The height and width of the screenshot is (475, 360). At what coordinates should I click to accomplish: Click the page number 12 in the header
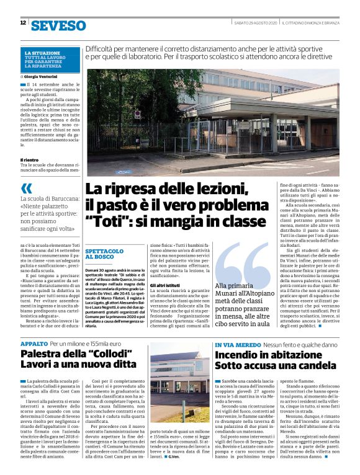22,23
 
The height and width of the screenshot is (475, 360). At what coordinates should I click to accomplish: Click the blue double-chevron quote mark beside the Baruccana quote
26,187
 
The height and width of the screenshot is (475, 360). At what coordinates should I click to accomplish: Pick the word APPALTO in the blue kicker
34,343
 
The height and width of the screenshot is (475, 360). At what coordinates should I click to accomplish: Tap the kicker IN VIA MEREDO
238,344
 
